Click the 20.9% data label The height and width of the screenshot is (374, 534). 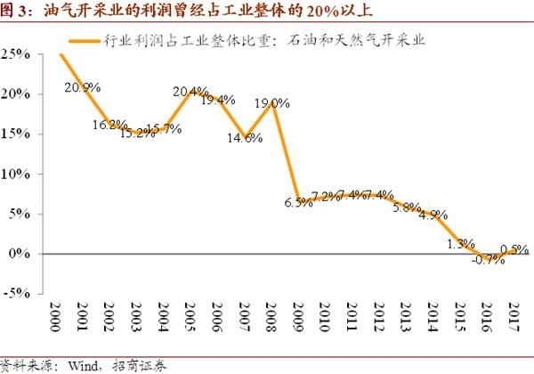[83, 87]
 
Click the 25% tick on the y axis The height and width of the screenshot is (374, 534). [20, 54]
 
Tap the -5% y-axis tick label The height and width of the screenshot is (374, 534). [20, 294]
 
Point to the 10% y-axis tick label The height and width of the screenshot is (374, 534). [20, 174]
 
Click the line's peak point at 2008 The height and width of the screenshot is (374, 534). [274, 103]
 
